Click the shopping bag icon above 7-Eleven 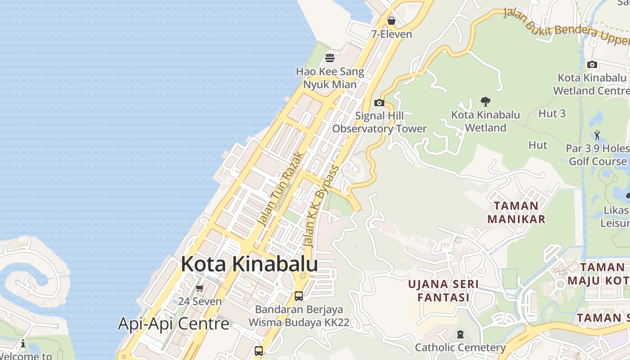(x=391, y=21)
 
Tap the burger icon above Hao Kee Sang (x=330, y=58)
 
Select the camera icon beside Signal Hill (x=379, y=103)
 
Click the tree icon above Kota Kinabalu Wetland (x=485, y=101)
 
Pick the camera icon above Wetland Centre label (x=592, y=65)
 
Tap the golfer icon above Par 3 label (x=597, y=135)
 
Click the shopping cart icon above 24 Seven (x=199, y=288)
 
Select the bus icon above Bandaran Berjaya (x=298, y=296)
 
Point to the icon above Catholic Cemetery (x=460, y=334)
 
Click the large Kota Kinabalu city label (x=249, y=264)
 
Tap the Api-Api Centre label (x=173, y=324)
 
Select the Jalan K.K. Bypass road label (x=321, y=206)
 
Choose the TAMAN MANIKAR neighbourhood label (x=516, y=212)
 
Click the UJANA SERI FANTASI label (x=443, y=291)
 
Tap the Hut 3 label (x=552, y=113)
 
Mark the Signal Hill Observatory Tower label (x=379, y=122)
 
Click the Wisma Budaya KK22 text (x=299, y=323)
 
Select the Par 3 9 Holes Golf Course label (x=598, y=155)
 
